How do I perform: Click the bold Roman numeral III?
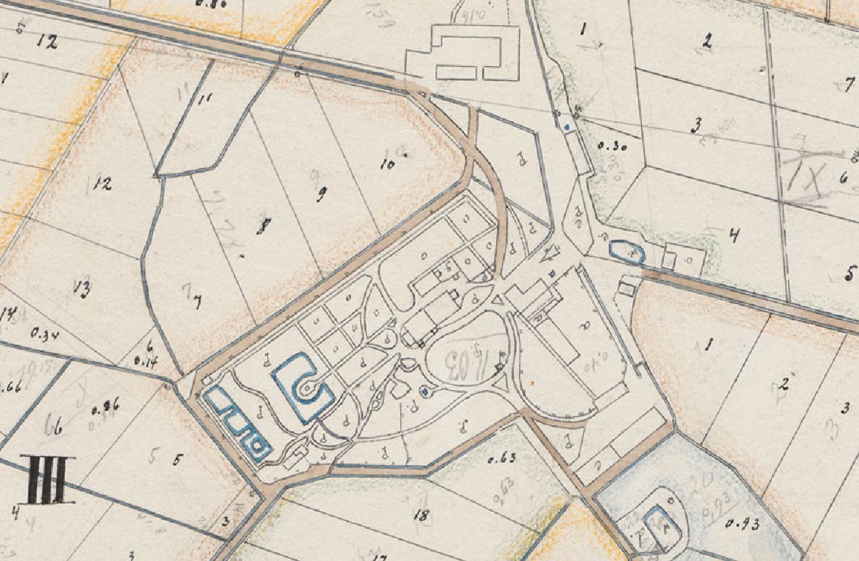pyautogui.click(x=47, y=479)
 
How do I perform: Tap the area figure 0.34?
pyautogui.click(x=44, y=333)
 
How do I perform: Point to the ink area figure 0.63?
pyautogui.click(x=502, y=459)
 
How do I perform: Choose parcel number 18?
pyautogui.click(x=421, y=514)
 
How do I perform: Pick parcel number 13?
pyautogui.click(x=81, y=288)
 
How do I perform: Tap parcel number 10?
pyautogui.click(x=388, y=162)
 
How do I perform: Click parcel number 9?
pyautogui.click(x=321, y=193)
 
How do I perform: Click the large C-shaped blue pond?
pyautogui.click(x=304, y=387)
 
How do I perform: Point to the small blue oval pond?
pyautogui.click(x=627, y=252)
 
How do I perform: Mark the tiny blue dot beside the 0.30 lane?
pyautogui.click(x=567, y=127)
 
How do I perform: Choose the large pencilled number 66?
pyautogui.click(x=54, y=428)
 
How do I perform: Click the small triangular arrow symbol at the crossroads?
pyautogui.click(x=550, y=252)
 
